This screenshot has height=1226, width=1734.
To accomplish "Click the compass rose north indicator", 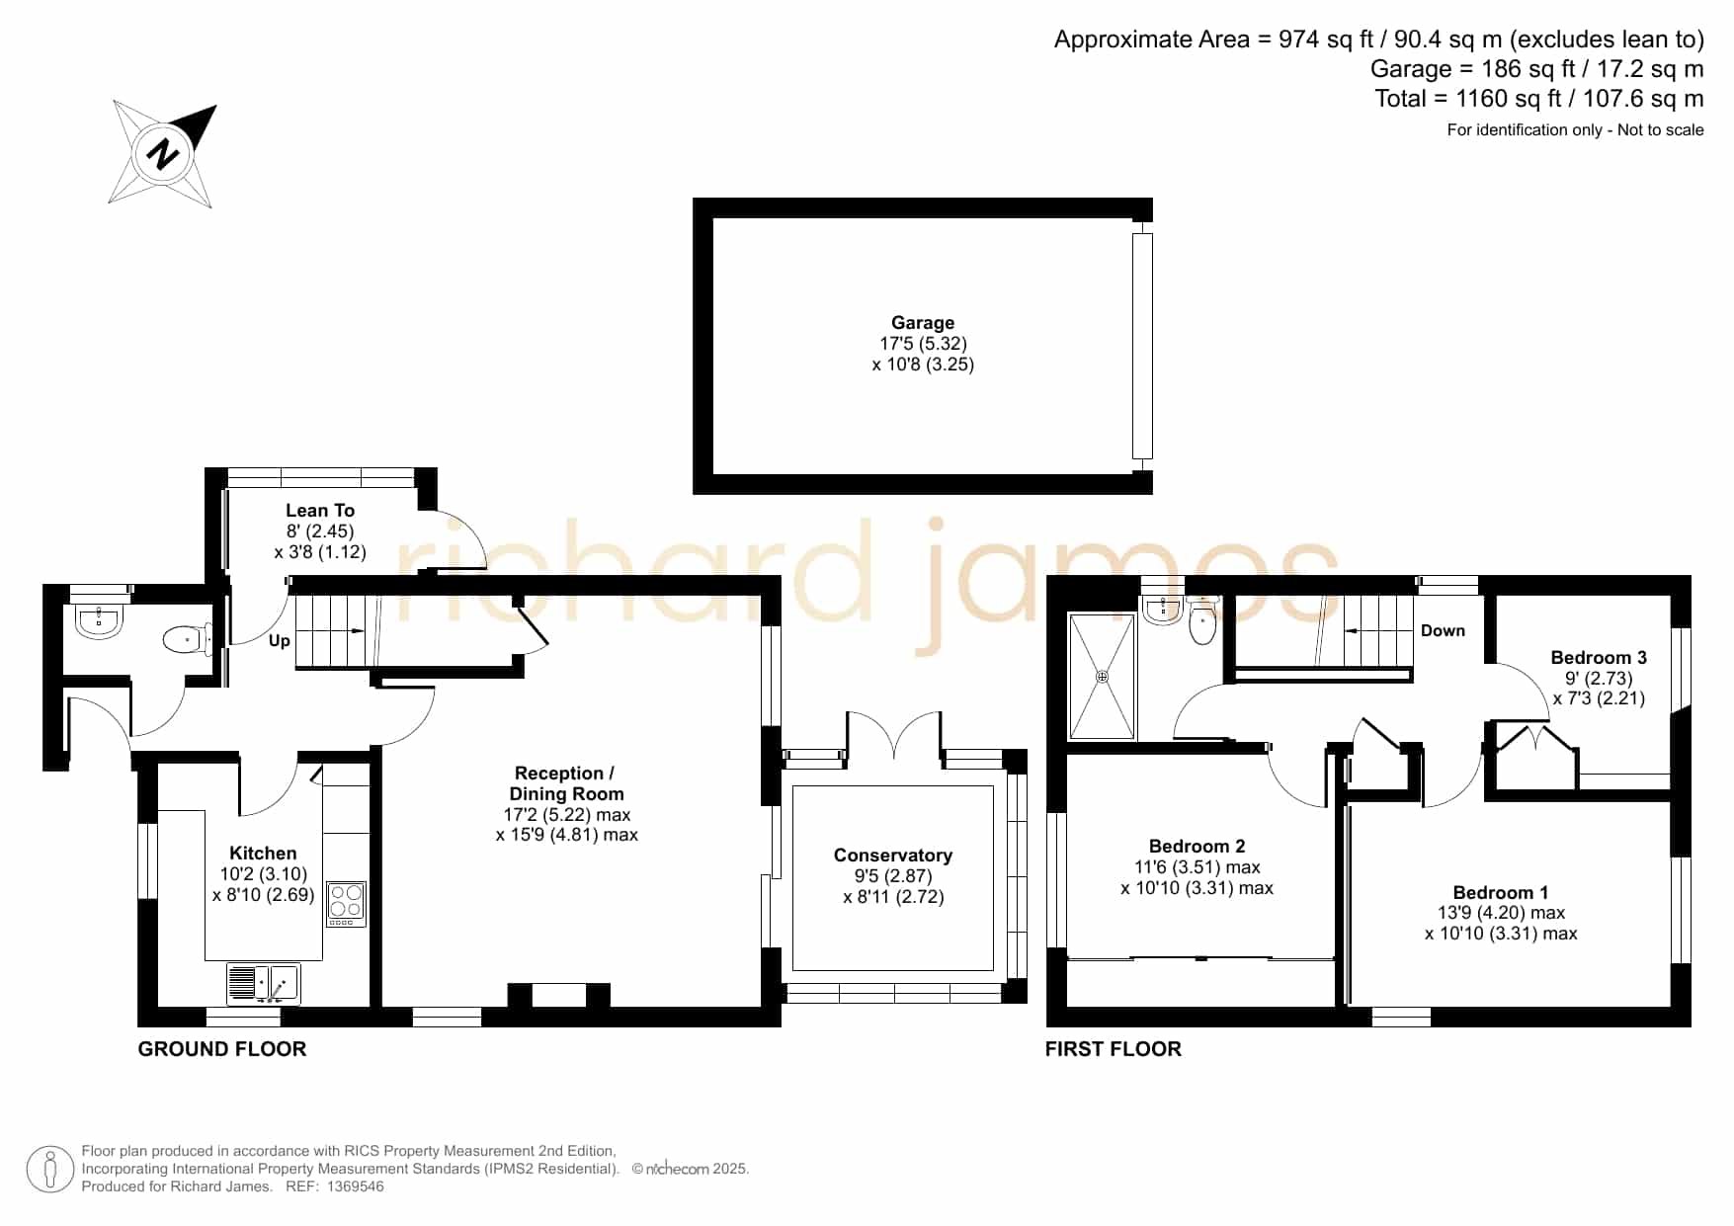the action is click(163, 154).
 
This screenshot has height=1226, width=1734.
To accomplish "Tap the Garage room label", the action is click(923, 323).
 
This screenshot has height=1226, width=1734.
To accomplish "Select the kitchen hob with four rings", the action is click(346, 903).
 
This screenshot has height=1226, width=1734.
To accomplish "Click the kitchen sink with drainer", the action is click(263, 984).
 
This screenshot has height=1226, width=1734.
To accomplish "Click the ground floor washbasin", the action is click(99, 621).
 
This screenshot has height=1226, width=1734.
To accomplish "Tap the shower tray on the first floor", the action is click(1103, 676).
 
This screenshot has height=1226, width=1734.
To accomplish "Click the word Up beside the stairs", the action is click(280, 640).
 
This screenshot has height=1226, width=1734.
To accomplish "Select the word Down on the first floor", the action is click(1443, 630).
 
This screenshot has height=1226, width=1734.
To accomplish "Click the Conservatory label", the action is click(893, 856).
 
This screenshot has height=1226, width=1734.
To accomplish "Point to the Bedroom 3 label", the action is click(1599, 658).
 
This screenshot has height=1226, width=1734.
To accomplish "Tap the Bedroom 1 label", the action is click(1501, 892).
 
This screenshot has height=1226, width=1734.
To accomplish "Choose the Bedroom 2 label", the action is click(1197, 847).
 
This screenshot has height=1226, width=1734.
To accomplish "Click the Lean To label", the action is click(320, 511).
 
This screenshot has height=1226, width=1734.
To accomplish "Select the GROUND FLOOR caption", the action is click(222, 1049).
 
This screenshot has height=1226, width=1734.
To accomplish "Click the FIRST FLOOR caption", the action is click(1114, 1049).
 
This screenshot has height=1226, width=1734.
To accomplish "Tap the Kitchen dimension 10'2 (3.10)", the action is click(264, 874).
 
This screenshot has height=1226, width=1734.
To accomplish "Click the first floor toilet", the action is click(1202, 620).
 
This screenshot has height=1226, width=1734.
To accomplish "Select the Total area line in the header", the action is click(1539, 99).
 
